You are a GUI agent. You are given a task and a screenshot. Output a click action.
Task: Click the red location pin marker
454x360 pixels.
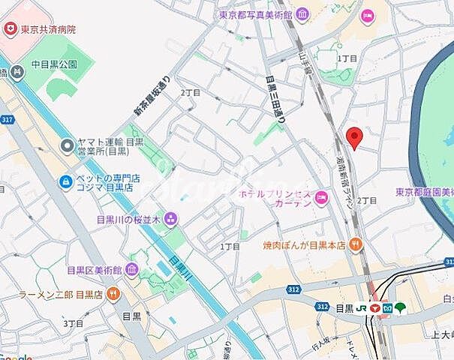tap(355, 137)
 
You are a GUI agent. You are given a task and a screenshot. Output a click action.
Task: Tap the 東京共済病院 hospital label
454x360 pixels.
tap(49, 29)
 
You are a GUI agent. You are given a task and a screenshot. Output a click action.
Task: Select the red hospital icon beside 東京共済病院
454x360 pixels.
tap(11, 29)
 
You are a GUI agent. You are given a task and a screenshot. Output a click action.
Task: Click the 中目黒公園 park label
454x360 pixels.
tap(54, 64)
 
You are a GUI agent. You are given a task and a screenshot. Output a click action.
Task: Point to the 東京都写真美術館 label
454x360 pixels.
tap(255, 14)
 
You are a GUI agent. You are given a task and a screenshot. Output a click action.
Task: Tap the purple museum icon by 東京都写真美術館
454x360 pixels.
tap(301, 14)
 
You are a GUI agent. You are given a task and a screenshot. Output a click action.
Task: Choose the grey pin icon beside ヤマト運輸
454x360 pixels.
tap(67, 143)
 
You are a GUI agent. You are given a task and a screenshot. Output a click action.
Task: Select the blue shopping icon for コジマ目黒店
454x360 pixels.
tap(67, 181)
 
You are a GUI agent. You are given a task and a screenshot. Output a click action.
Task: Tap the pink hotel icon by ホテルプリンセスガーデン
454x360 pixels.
tap(322, 197)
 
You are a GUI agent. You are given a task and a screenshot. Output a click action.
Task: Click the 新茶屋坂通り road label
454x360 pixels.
tap(153, 97)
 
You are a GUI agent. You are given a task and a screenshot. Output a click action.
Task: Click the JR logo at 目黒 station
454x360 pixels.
tap(362, 307)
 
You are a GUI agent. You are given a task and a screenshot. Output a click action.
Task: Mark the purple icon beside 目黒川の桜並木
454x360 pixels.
tap(171, 219)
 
